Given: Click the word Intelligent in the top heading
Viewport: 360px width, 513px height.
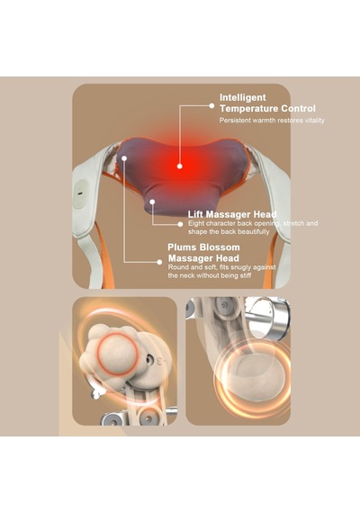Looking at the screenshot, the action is point(242,97).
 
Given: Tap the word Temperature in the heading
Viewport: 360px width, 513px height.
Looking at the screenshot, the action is point(249,108).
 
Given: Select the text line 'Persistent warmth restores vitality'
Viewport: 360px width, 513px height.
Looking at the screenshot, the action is point(272,121).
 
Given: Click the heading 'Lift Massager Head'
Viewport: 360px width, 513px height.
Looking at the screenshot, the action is point(232,214).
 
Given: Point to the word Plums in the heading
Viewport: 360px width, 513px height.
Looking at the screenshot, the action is point(182,247).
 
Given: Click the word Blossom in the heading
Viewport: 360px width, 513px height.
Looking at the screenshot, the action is point(220,247).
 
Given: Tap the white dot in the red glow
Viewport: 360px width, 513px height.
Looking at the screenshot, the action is point(179,166).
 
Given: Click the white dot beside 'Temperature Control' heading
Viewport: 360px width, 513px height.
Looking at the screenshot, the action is point(211,105).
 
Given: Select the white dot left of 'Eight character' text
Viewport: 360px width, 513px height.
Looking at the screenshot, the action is point(180,224).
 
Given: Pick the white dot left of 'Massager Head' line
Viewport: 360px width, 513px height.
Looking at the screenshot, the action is point(159,262).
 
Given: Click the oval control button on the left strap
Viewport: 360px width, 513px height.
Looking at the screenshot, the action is point(80,193).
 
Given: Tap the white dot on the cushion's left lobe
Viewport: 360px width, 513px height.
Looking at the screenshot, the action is point(124,158).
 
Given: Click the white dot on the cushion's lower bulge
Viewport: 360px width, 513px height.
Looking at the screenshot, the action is point(152,202).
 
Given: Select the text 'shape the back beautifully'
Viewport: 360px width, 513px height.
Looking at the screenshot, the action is point(229,231).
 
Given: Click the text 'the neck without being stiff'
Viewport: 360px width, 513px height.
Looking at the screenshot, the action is point(210,275).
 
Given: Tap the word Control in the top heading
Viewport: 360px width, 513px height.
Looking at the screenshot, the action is point(298,108).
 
